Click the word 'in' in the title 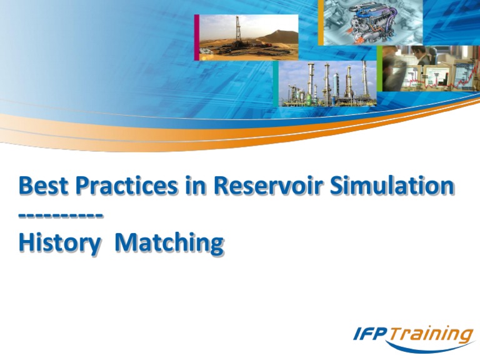pos(199,186)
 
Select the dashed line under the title pos(61,216)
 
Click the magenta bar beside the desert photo pos(196,37)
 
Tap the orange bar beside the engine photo pos(321,22)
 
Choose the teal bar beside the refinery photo pos(276,84)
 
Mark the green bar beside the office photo pos(379,68)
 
